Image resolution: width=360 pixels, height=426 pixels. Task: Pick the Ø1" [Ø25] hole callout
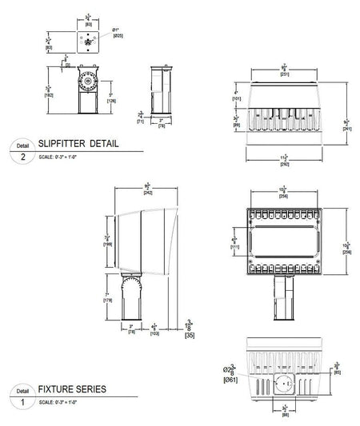[118, 34]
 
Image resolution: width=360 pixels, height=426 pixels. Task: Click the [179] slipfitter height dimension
[106, 301]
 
